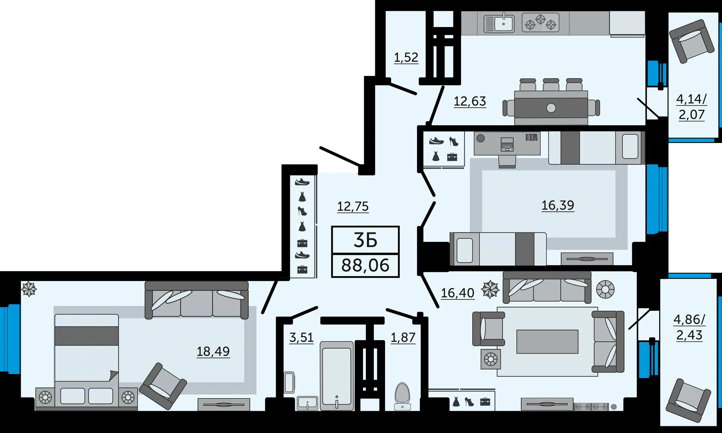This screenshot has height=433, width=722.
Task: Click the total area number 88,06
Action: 365,266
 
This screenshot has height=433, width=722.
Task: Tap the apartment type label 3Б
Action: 365,240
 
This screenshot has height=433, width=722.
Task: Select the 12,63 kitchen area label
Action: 470,101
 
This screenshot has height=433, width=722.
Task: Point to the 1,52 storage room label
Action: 406,57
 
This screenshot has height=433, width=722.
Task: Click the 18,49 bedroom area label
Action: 213,351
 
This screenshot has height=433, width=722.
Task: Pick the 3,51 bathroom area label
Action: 301,337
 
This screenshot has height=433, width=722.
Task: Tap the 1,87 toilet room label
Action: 403,337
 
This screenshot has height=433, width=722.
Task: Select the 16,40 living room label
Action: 458,293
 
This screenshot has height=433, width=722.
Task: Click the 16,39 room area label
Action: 558,205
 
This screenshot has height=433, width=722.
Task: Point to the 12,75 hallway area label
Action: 353,206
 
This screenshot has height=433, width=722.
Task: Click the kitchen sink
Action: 499,24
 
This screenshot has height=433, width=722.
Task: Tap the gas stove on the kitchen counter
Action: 540,22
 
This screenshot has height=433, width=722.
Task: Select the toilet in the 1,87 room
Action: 402,396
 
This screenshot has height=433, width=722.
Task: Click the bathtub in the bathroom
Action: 337,376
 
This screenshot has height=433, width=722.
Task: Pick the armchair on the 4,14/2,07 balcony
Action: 692,41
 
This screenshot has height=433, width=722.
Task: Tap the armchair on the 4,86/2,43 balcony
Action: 688,400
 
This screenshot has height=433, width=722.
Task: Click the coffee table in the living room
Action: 547,342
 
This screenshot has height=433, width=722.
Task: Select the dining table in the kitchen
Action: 551,108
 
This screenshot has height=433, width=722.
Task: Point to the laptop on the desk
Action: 507,144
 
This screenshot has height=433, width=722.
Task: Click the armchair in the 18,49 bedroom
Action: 163,386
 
